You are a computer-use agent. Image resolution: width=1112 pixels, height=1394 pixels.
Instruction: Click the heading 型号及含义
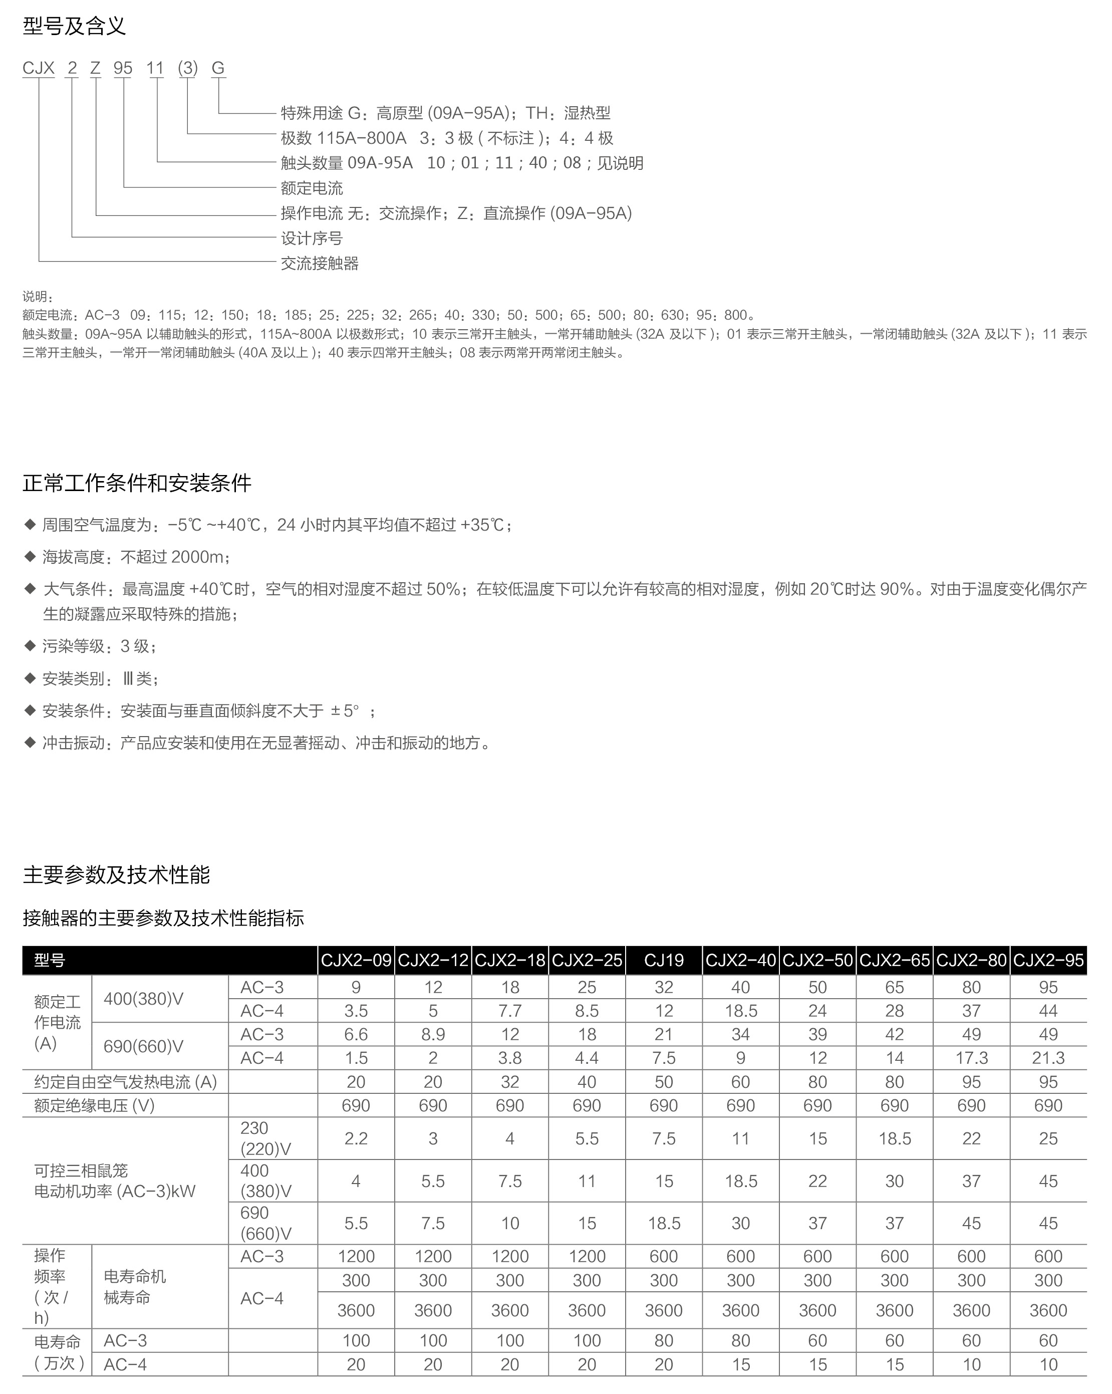74,26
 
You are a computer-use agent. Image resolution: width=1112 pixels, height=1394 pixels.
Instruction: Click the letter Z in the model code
95,68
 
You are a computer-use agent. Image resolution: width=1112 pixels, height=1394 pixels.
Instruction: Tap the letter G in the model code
218,68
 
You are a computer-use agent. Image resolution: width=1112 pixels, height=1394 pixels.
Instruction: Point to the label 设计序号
312,238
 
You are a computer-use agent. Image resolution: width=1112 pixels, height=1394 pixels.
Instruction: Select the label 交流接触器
320,263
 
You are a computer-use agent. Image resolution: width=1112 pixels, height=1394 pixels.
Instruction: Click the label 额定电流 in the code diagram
312,188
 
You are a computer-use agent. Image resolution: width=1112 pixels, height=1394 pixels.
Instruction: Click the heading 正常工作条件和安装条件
137,483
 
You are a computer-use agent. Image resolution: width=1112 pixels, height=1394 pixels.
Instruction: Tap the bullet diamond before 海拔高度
29,556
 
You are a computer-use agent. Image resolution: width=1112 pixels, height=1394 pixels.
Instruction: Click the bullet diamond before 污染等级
29,645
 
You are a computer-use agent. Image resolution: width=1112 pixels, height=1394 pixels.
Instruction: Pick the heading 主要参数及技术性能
116,875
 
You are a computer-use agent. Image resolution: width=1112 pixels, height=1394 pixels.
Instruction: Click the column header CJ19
664,960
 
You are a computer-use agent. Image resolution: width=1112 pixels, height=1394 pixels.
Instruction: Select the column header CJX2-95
1048,960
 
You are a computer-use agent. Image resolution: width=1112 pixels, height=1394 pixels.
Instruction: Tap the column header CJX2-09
356,960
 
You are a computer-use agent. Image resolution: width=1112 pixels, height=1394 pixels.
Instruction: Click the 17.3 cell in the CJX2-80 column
971,1058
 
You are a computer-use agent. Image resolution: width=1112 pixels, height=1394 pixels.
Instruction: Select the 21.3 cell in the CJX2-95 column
1048,1058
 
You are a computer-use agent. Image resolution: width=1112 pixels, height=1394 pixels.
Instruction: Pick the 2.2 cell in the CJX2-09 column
356,1138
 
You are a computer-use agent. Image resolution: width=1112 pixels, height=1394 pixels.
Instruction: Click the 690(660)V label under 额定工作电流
144,1046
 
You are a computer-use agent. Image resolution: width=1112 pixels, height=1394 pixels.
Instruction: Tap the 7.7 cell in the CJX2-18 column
510,1011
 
